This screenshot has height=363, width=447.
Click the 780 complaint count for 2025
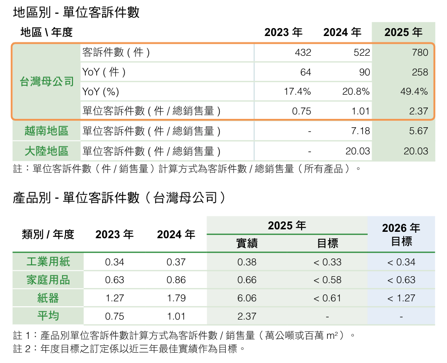click(420, 52)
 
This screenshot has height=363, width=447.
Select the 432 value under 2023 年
click(303, 52)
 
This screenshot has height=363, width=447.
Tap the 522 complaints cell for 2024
click(362, 52)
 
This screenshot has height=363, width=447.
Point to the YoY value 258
click(420, 72)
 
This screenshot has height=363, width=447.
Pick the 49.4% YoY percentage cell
click(414, 92)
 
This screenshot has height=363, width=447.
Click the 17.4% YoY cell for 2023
click(297, 92)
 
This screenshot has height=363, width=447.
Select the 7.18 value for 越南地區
click(360, 131)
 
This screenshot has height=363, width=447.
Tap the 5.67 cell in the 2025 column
click(418, 131)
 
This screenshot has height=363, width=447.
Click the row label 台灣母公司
click(47, 81)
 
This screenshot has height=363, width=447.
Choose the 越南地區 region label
click(46, 131)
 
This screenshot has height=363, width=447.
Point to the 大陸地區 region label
click(46, 151)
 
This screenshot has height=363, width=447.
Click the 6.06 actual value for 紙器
click(247, 298)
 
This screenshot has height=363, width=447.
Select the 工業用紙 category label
click(48, 262)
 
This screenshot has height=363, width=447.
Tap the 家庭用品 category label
click(48, 280)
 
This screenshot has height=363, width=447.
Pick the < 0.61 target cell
click(327, 298)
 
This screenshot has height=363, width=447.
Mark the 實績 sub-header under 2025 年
click(247, 244)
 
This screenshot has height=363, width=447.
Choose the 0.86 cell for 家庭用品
click(176, 280)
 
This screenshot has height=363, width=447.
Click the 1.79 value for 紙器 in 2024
click(176, 298)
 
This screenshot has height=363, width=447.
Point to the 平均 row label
click(48, 316)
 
